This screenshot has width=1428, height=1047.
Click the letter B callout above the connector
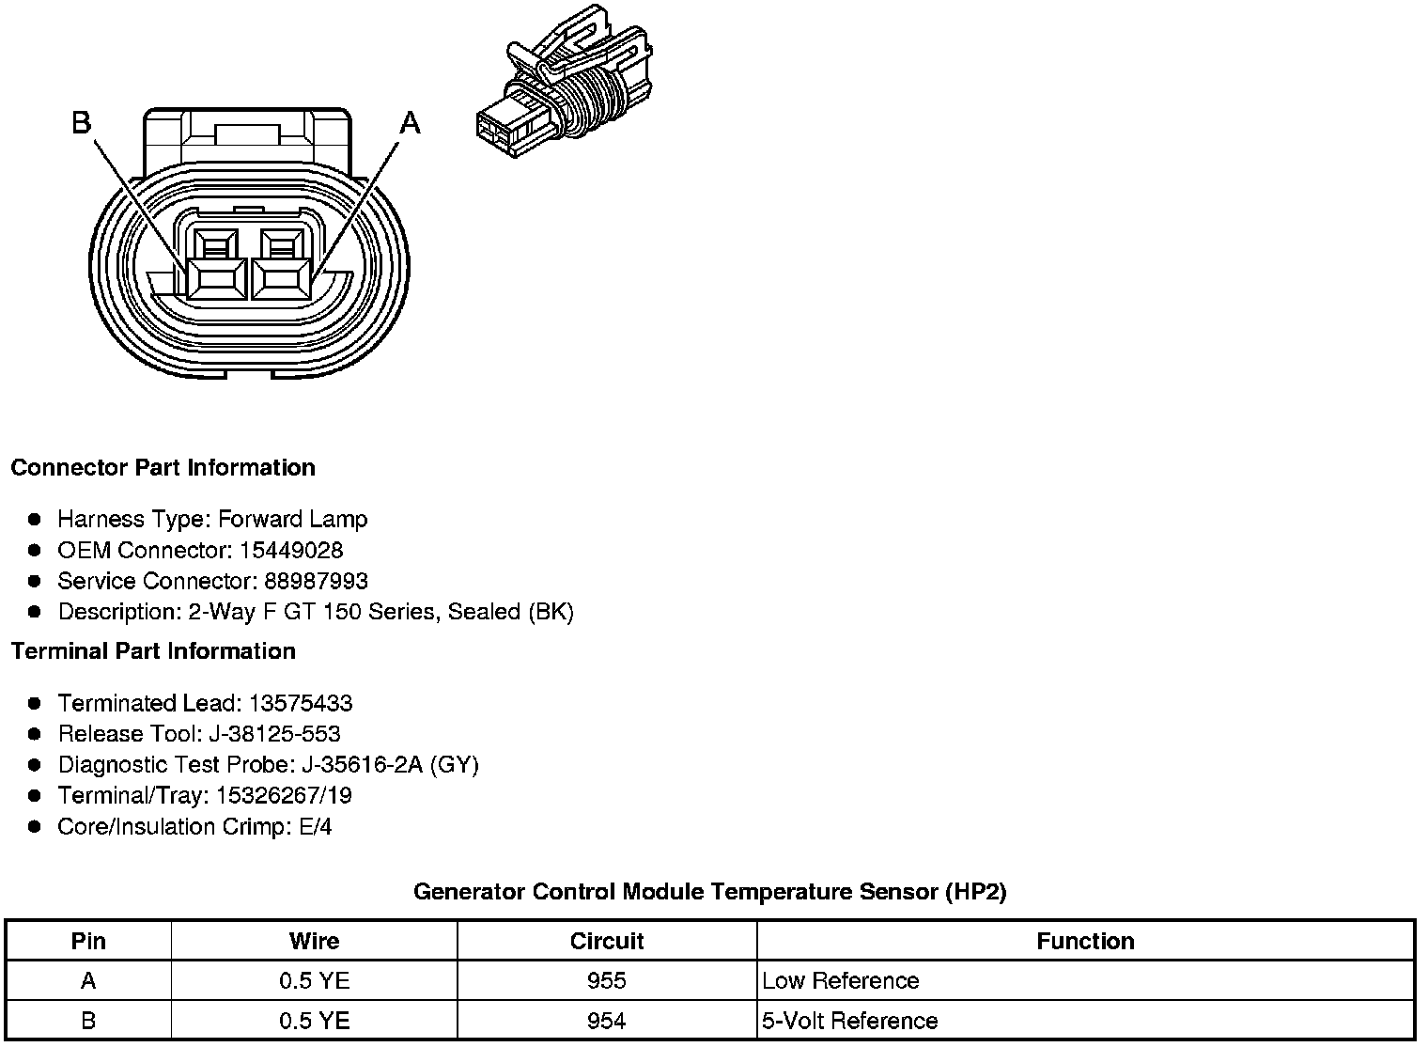click(x=82, y=122)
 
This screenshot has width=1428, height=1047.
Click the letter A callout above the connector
click(x=411, y=122)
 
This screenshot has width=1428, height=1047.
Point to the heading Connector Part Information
click(x=163, y=468)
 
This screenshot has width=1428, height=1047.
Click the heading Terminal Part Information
click(x=153, y=651)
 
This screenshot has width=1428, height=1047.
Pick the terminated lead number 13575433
click(x=301, y=703)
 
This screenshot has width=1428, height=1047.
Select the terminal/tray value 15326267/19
click(x=284, y=796)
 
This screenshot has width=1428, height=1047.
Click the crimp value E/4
click(x=312, y=827)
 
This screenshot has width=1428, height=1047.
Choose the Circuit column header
click(x=607, y=941)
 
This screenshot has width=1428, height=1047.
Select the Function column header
click(x=1085, y=941)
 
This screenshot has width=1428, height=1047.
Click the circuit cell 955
click(x=607, y=981)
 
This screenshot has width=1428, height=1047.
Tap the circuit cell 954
click(x=607, y=1021)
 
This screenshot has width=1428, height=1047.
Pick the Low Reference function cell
click(x=841, y=981)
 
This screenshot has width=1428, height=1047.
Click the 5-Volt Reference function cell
click(x=850, y=1021)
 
